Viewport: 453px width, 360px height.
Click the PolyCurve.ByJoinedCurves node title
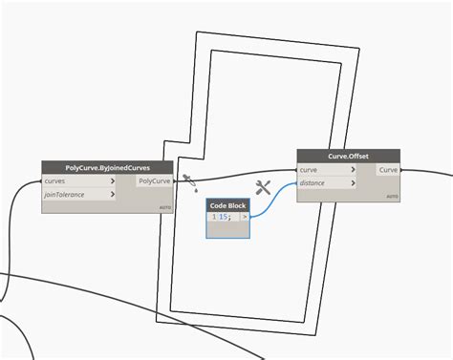108,167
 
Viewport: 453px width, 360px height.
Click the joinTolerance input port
67,195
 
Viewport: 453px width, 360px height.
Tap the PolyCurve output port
155,180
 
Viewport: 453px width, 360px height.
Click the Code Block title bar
228,205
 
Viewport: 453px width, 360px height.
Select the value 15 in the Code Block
225,217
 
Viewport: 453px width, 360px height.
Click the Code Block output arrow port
246,217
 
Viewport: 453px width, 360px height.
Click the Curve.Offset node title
347,157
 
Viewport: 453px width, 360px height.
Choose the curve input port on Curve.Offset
310,170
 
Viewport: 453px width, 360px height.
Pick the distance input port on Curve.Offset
313,183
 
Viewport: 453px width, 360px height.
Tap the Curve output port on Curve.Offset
388,170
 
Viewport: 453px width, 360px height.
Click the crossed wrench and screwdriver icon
264,188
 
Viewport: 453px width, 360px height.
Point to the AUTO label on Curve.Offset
391,197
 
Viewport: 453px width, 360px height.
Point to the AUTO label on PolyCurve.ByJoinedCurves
164,207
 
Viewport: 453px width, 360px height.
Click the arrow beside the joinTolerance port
113,195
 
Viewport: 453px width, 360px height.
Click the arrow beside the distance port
353,183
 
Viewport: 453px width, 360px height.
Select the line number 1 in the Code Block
213,217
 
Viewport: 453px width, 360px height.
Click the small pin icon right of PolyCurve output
189,179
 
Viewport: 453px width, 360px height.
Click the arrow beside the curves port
113,180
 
